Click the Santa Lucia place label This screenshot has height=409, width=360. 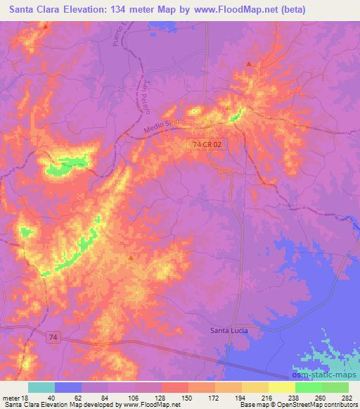click(x=231, y=330)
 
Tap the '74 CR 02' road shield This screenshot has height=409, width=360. click(x=208, y=143)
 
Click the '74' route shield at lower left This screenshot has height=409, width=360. click(x=54, y=338)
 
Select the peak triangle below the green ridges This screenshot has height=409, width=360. click(x=131, y=258)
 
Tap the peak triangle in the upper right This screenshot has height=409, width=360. click(x=249, y=65)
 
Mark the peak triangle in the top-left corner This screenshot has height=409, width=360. click(x=46, y=26)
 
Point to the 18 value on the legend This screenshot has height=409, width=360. click(x=27, y=397)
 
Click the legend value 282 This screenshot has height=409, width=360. click(x=347, y=397)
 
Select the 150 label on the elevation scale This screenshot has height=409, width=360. click(x=188, y=397)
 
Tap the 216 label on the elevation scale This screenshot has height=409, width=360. click(x=267, y=397)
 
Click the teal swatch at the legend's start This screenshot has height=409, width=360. click(x=41, y=387)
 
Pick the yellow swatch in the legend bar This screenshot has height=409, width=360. click(x=281, y=387)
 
